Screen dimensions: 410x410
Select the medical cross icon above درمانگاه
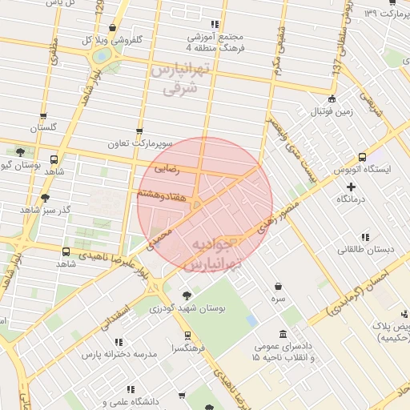350,187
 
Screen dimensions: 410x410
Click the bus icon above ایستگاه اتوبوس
363,157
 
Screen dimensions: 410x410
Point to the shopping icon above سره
278,286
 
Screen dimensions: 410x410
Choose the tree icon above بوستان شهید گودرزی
188,295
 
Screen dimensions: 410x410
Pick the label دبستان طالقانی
365,249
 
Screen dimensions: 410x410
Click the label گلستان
44,128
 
